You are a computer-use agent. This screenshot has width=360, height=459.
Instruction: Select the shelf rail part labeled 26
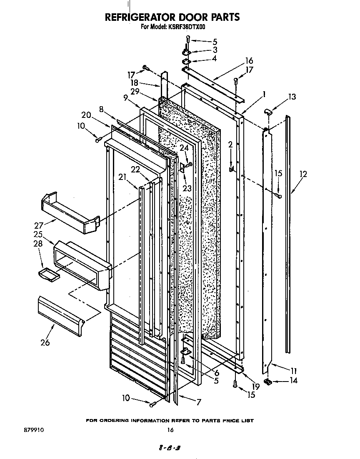(61, 315)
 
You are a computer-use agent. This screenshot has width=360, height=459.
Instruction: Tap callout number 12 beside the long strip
(303, 174)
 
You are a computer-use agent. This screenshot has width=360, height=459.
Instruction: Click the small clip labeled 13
(268, 112)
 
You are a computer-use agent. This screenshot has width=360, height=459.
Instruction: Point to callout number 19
(255, 386)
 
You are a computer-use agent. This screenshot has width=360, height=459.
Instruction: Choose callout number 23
(187, 188)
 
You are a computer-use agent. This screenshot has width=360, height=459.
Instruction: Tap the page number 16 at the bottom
(170, 430)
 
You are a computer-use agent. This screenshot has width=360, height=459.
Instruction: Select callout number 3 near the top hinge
(215, 50)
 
